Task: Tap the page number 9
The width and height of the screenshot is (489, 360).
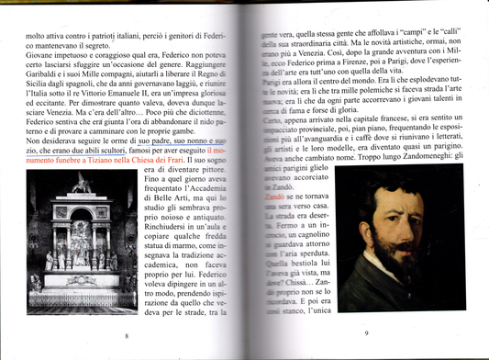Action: coord(366,332)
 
